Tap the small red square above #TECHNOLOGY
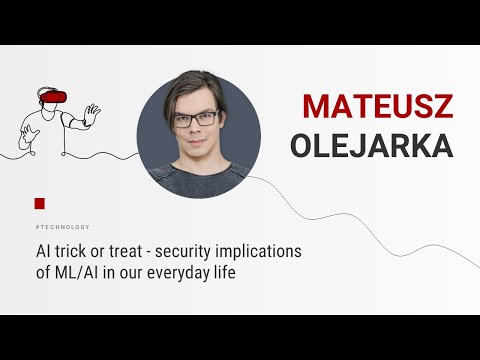39,203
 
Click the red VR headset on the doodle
54,97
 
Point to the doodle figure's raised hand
92,111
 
